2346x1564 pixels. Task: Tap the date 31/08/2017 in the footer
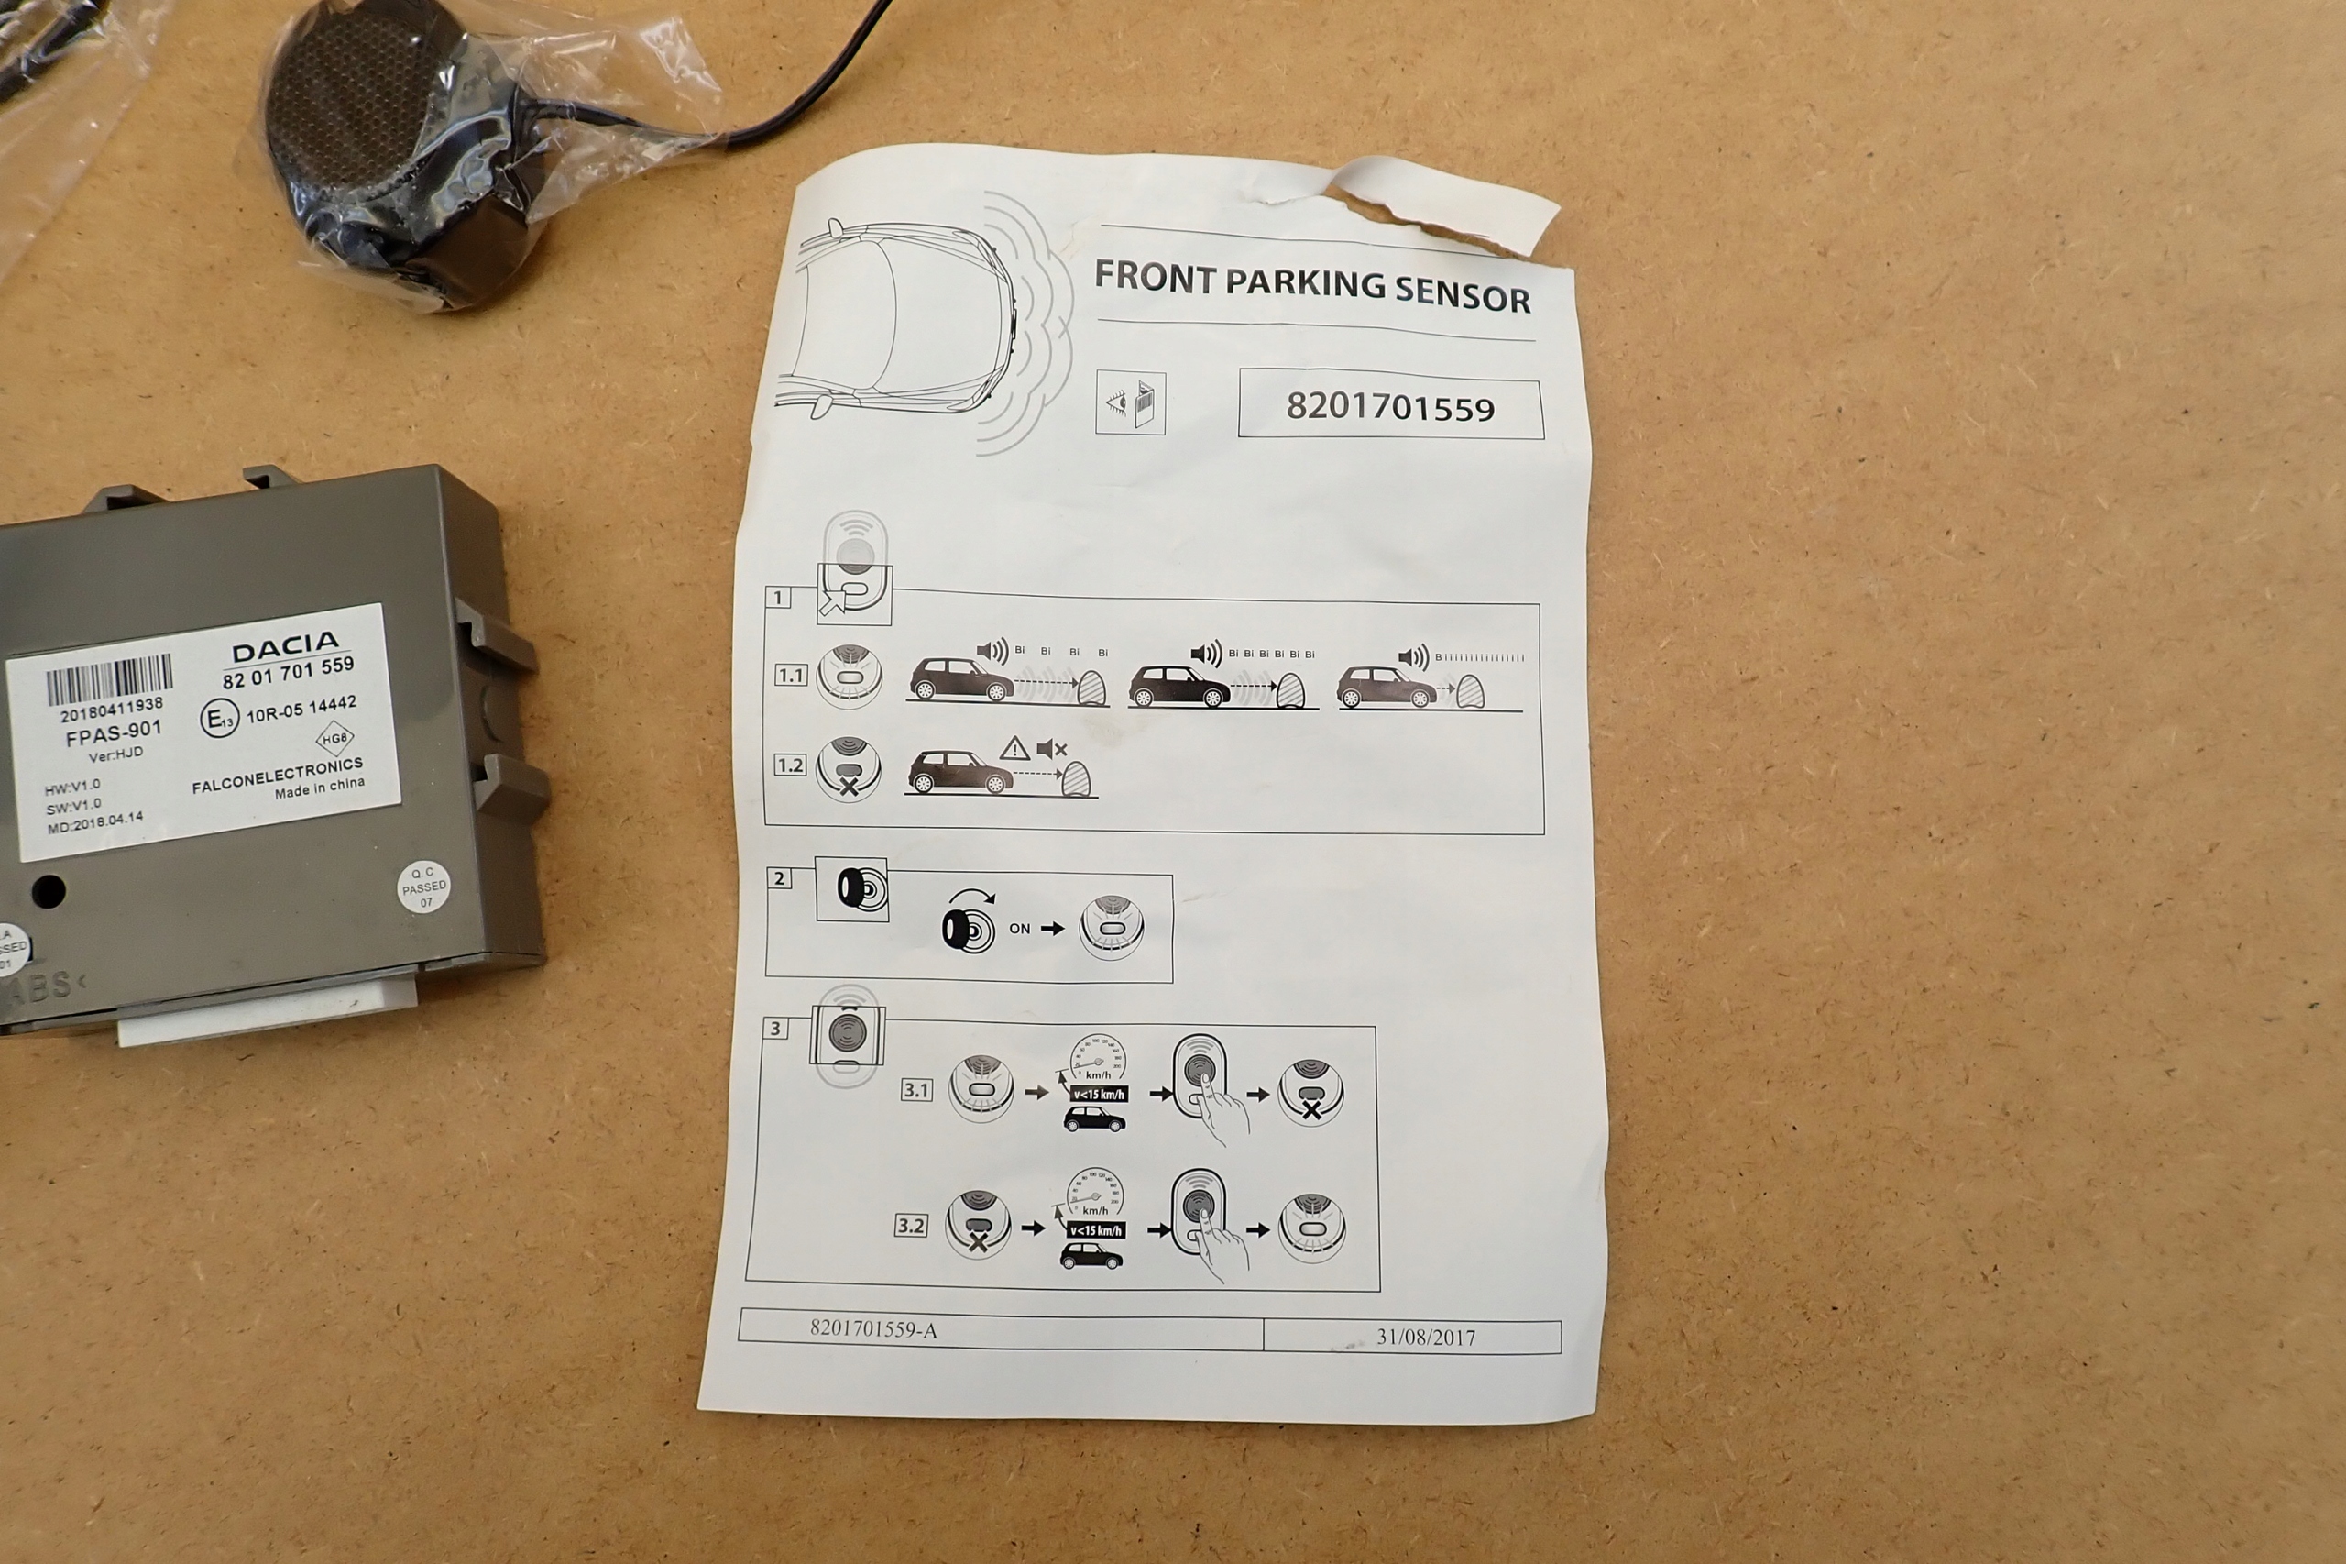tap(1425, 1337)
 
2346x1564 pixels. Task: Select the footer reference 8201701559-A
tap(873, 1328)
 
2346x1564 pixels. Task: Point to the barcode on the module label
tap(109, 681)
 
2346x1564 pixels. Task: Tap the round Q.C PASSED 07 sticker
tap(423, 886)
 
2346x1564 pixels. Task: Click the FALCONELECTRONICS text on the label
tap(277, 774)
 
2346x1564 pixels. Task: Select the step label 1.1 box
tap(791, 676)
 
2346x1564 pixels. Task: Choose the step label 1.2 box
tap(790, 765)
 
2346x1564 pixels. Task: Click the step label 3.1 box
tap(916, 1090)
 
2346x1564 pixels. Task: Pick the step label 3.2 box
tap(911, 1226)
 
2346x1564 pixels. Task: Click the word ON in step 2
tap(1019, 929)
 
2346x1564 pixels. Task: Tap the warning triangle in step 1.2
tap(1014, 748)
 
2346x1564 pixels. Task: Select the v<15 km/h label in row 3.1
tap(1098, 1095)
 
